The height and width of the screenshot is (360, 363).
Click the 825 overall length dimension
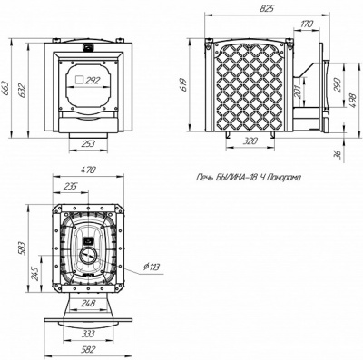pyautogui.click(x=267, y=8)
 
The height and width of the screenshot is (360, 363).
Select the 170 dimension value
pyautogui.click(x=308, y=24)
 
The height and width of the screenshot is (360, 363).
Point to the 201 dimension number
pyautogui.click(x=298, y=92)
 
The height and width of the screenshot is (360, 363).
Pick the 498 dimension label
pyautogui.click(x=353, y=99)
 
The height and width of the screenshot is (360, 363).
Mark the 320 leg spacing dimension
pyautogui.click(x=250, y=141)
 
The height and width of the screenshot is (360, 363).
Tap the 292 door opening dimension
pyautogui.click(x=93, y=81)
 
